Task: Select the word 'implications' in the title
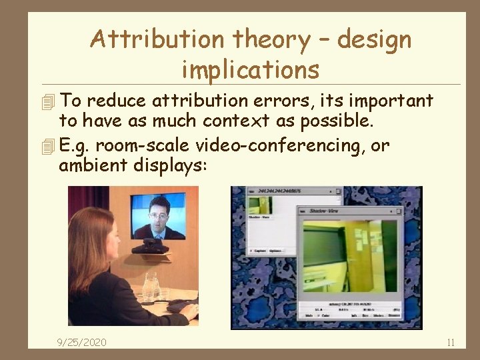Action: [250, 69]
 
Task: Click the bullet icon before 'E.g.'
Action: [46, 146]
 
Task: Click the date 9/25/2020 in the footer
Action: [81, 343]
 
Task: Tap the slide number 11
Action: [451, 343]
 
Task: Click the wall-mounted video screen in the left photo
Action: [159, 217]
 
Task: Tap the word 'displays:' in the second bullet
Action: [173, 165]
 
